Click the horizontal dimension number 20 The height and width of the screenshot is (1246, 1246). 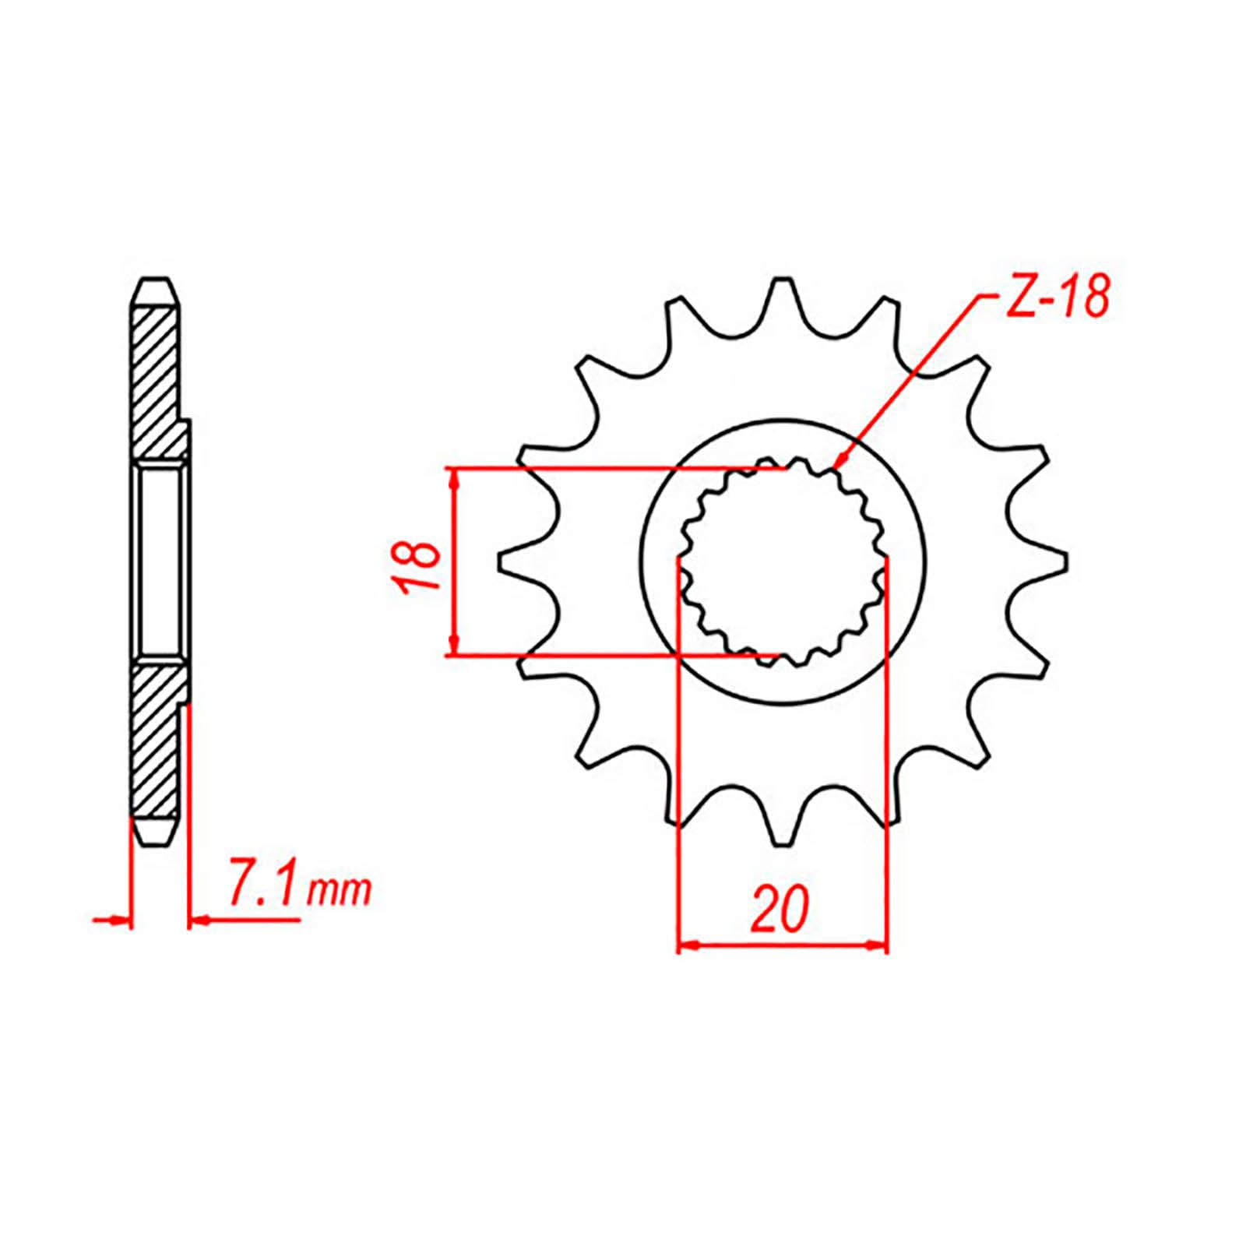tap(780, 910)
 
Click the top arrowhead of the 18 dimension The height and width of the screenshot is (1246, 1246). tap(453, 477)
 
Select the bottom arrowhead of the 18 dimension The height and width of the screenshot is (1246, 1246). tap(453, 647)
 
